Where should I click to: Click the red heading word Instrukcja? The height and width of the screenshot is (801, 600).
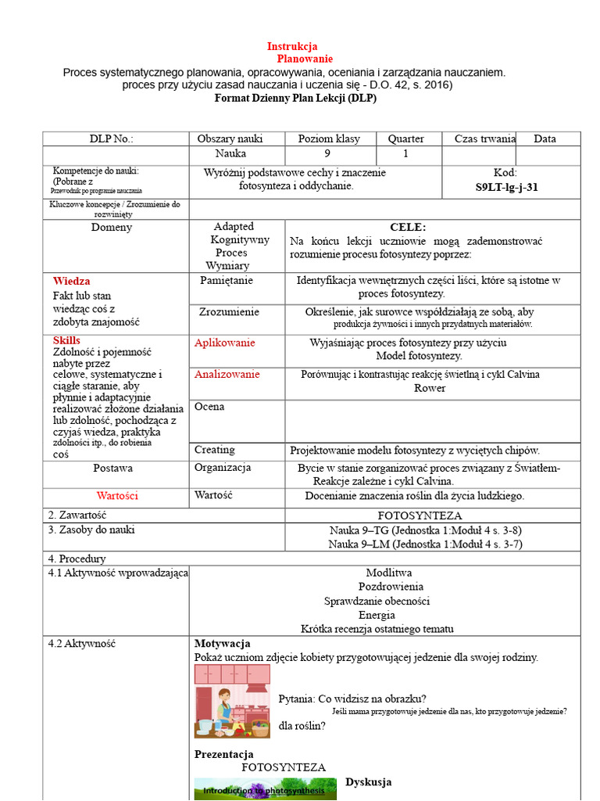pyautogui.click(x=292, y=46)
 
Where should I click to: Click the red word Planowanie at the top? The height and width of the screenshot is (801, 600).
pyautogui.click(x=305, y=59)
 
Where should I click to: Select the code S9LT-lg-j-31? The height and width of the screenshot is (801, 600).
pyautogui.click(x=506, y=188)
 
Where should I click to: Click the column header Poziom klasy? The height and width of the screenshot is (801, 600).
pyautogui.click(x=329, y=138)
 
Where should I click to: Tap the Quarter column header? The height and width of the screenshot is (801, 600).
pyautogui.click(x=405, y=138)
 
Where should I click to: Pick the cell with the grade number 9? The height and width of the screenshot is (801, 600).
pyautogui.click(x=327, y=154)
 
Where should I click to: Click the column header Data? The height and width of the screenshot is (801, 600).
pyautogui.click(x=545, y=138)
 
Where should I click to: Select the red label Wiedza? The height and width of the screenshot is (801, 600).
pyautogui.click(x=71, y=281)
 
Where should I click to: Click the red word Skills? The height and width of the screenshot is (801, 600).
pyautogui.click(x=66, y=340)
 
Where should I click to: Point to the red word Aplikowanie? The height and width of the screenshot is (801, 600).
pyautogui.click(x=224, y=343)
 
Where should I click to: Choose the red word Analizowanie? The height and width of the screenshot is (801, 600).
pyautogui.click(x=227, y=374)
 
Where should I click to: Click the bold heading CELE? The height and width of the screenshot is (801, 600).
pyautogui.click(x=408, y=227)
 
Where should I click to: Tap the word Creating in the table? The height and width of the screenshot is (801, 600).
pyautogui.click(x=214, y=450)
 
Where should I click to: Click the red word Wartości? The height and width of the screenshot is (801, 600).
pyautogui.click(x=117, y=496)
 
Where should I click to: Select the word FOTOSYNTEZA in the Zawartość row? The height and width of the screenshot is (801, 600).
pyautogui.click(x=420, y=516)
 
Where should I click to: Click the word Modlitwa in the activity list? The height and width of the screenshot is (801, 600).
pyautogui.click(x=388, y=573)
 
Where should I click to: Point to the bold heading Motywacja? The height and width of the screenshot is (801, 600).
pyautogui.click(x=222, y=644)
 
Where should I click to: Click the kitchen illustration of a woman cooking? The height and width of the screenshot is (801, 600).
pyautogui.click(x=232, y=701)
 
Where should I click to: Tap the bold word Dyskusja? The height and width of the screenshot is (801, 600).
pyautogui.click(x=368, y=782)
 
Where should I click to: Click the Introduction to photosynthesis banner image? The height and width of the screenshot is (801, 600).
pyautogui.click(x=265, y=788)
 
